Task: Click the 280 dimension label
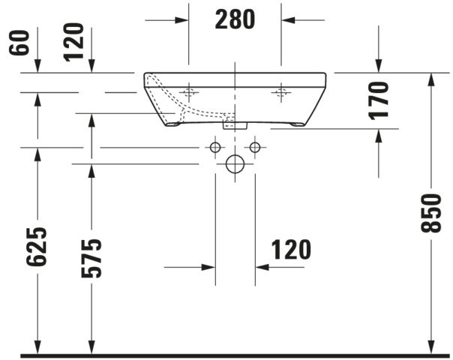pos(235,19)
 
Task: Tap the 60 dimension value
pos(19,43)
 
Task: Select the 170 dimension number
pos(379,100)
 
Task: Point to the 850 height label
pos(431,213)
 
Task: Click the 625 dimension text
pos(37,247)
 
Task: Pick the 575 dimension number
pos(91,258)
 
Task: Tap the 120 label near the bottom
pos(291,250)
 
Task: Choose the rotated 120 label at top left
pos(73,42)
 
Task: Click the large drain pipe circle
pos(235,163)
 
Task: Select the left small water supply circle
pos(215,147)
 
